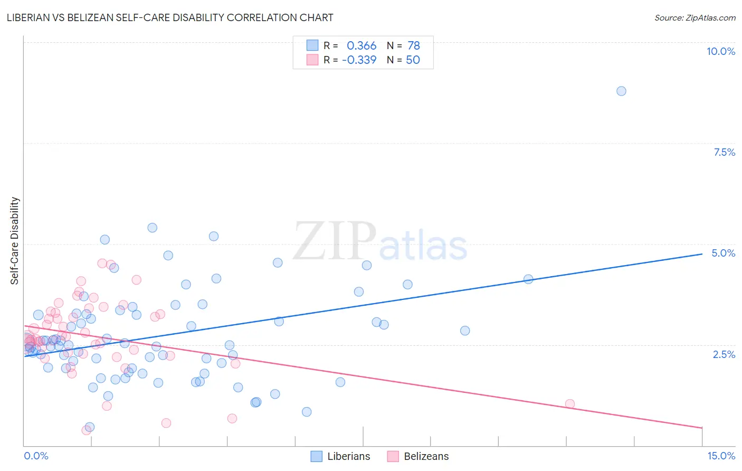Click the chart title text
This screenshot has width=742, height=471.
pyautogui.click(x=170, y=17)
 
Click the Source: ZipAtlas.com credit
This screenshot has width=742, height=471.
pyautogui.click(x=695, y=17)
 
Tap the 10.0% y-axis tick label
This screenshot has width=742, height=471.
pyautogui.click(x=720, y=51)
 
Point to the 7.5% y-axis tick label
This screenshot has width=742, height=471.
pyautogui.click(x=724, y=152)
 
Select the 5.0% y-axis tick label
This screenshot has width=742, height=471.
pyautogui.click(x=723, y=253)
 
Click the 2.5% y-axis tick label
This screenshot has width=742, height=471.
pyautogui.click(x=724, y=354)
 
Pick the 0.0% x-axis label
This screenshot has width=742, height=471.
pyautogui.click(x=36, y=456)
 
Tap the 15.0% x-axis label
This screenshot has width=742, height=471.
pyautogui.click(x=721, y=456)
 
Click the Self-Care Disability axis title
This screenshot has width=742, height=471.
pyautogui.click(x=15, y=241)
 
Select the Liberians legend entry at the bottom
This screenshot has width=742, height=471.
pyautogui.click(x=340, y=456)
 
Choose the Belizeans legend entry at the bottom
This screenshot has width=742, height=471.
pyautogui.click(x=418, y=456)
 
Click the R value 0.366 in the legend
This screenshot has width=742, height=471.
pyautogui.click(x=362, y=46)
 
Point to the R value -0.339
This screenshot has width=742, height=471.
pyautogui.click(x=359, y=60)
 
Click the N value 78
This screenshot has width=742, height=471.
pyautogui.click(x=413, y=46)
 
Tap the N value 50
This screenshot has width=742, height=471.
pyautogui.click(x=413, y=60)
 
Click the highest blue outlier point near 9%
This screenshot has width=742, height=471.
pyautogui.click(x=621, y=91)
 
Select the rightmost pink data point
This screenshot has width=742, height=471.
pyautogui.click(x=569, y=404)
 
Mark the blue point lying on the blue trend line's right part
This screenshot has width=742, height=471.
pyautogui.click(x=528, y=279)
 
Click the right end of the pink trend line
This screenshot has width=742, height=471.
pyautogui.click(x=702, y=427)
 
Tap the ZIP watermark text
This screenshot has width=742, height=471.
pyautogui.click(x=335, y=242)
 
